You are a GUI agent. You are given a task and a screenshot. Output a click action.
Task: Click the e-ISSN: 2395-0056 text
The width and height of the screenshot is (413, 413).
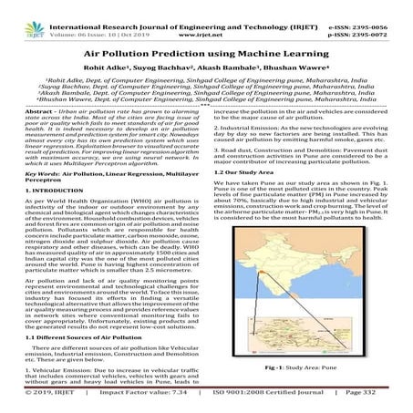pyautogui.click(x=375, y=7)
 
